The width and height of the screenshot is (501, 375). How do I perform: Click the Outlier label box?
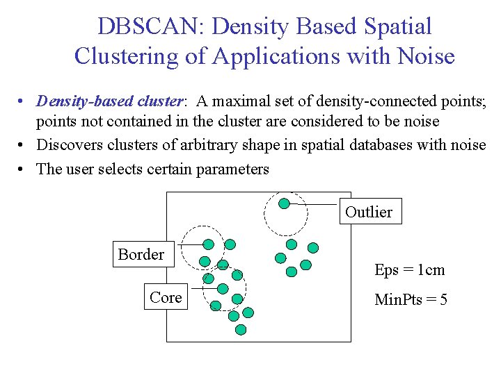pyautogui.click(x=369, y=212)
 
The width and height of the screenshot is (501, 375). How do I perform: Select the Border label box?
pyautogui.click(x=141, y=255)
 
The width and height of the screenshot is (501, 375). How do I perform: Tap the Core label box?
pyautogui.click(x=166, y=297)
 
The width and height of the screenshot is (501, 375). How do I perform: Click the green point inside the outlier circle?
pyautogui.click(x=284, y=203)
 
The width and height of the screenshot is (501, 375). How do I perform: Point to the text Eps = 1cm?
pyautogui.click(x=409, y=270)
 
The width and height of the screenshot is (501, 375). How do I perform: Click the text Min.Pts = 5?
pyautogui.click(x=411, y=300)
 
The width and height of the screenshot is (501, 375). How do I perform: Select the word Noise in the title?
pyautogui.click(x=424, y=56)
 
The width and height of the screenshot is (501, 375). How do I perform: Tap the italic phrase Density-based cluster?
pyautogui.click(x=110, y=101)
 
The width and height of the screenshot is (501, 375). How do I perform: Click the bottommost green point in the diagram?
pyautogui.click(x=241, y=330)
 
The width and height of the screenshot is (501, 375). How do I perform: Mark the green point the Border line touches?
pyautogui.click(x=208, y=244)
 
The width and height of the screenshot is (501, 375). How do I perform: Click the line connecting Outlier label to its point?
pyautogui.click(x=315, y=204)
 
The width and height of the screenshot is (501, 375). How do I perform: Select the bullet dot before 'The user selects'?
pyautogui.click(x=23, y=169)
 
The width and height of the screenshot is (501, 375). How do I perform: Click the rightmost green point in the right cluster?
pyautogui.click(x=313, y=247)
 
